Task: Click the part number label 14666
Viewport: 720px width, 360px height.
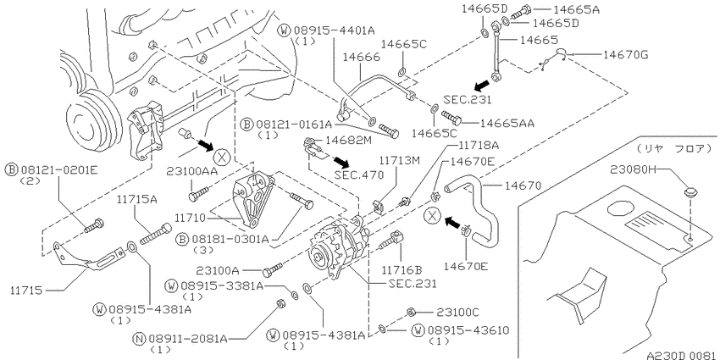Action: (361, 58)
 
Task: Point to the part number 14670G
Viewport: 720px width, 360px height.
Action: (625, 55)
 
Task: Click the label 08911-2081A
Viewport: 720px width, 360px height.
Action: (188, 339)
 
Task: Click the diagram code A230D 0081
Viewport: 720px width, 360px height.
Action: (682, 356)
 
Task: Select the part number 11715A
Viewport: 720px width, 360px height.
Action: (136, 200)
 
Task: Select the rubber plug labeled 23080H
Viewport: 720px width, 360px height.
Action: (690, 192)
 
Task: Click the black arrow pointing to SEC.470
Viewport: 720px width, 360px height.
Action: (341, 161)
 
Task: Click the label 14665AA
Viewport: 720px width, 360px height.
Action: (507, 123)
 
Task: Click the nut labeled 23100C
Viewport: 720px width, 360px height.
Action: (412, 313)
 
